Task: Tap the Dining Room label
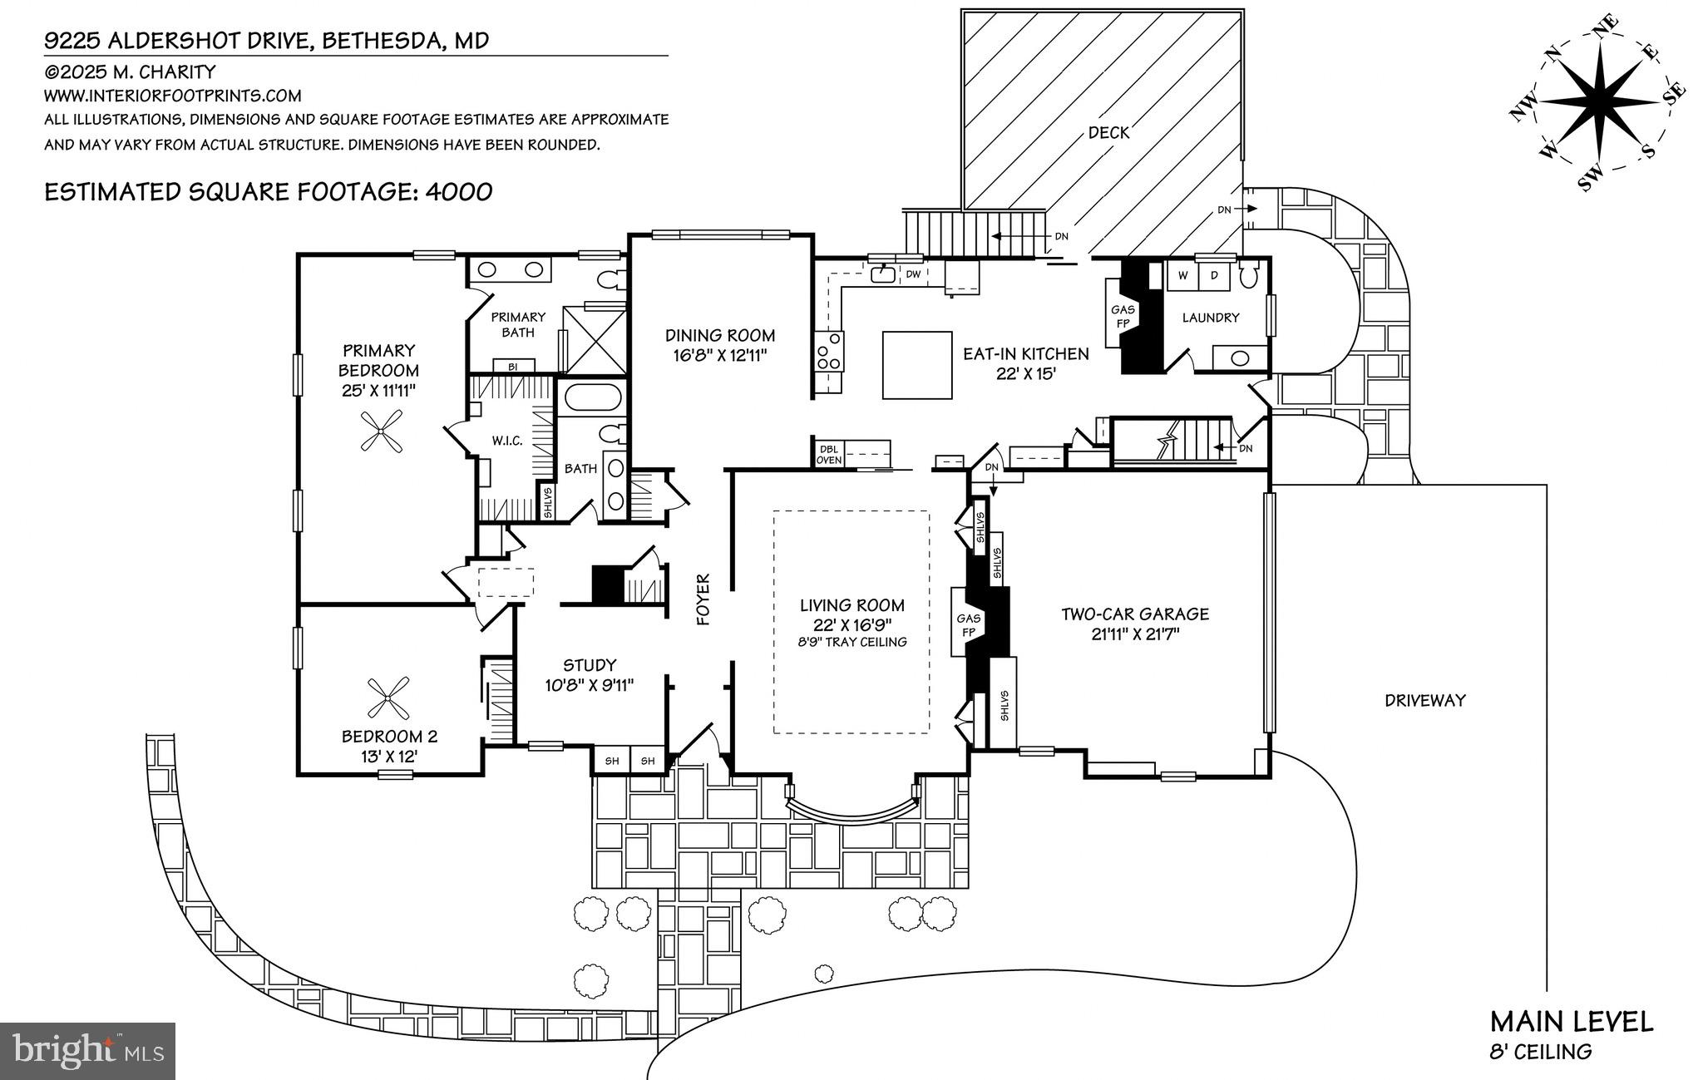click(x=719, y=336)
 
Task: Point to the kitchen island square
click(x=916, y=365)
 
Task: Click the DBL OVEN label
click(x=829, y=454)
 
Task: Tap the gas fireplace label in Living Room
click(x=969, y=624)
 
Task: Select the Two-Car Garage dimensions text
click(x=1134, y=634)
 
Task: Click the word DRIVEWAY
click(x=1424, y=700)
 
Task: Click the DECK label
click(x=1108, y=132)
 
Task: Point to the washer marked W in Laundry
click(x=1182, y=274)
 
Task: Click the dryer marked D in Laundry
click(x=1214, y=274)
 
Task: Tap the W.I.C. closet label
click(x=506, y=441)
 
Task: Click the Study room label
click(x=590, y=665)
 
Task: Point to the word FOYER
click(x=703, y=599)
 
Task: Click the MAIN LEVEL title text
click(x=1571, y=1022)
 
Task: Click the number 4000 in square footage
click(x=458, y=192)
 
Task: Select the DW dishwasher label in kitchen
click(x=913, y=274)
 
